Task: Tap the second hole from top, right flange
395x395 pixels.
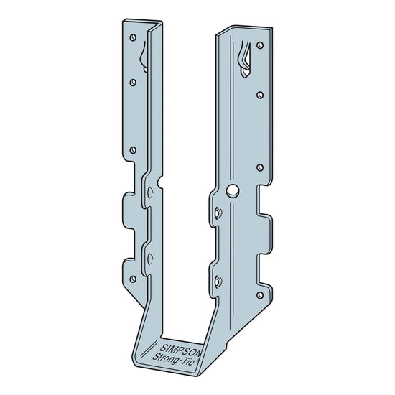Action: (259, 93)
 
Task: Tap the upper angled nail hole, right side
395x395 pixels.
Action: (218, 213)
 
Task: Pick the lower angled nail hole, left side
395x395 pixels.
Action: (149, 259)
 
